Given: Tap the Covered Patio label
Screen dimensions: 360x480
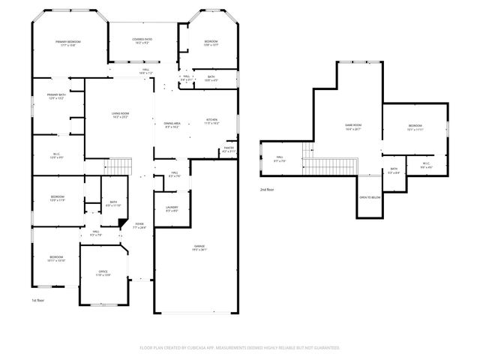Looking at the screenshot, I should [142, 40].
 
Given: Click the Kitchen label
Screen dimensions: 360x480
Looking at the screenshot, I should [211, 121].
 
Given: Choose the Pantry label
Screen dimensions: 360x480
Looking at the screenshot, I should [229, 149].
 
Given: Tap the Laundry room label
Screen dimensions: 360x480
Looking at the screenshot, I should [171, 209].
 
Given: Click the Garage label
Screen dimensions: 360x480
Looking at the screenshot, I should [199, 247].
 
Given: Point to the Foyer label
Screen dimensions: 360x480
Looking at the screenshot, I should [139, 225].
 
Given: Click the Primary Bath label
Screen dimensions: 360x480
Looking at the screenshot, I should [57, 96].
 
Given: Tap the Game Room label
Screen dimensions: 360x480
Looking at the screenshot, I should [352, 127].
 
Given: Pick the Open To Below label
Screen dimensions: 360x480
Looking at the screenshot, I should [370, 197].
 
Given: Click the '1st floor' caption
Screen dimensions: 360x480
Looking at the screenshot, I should [38, 300].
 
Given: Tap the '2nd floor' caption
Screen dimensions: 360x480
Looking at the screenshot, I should [268, 190].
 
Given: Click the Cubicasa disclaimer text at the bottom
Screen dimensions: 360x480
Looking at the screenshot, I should [240, 347].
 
